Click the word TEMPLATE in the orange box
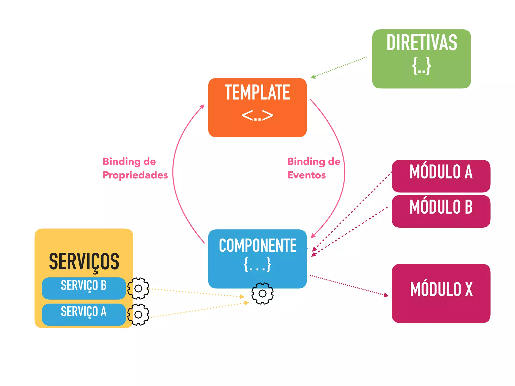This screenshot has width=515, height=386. point(257,93)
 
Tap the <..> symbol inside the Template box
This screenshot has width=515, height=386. point(257,116)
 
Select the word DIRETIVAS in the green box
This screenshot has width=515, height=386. point(421,43)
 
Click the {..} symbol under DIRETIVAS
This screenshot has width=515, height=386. point(421,66)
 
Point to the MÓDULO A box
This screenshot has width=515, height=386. point(441,176)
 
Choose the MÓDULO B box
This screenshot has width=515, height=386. point(441,211)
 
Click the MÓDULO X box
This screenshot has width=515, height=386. point(441,293)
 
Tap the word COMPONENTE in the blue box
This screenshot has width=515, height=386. point(257,246)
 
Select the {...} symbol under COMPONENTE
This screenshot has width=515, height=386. point(257,265)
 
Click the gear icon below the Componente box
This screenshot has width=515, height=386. point(263,293)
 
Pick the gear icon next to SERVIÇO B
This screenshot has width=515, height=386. point(138,288)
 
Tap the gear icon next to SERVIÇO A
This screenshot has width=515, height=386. point(138,314)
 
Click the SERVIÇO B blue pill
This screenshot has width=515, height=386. point(84,288)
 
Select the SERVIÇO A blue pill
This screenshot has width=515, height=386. point(84,314)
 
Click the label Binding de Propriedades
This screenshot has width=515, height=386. point(135,168)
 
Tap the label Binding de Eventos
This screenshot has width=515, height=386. point(313,168)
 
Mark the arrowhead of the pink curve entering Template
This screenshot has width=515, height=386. point(202,107)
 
